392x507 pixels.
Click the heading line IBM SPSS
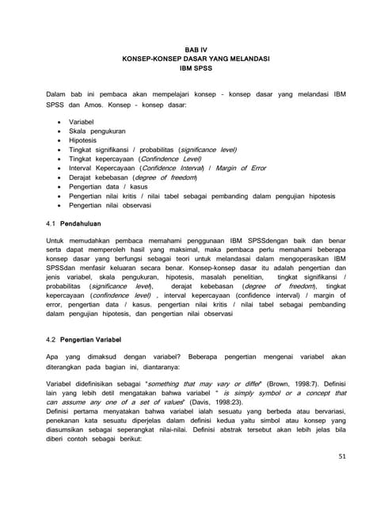196,68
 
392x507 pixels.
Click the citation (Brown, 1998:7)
283,383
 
